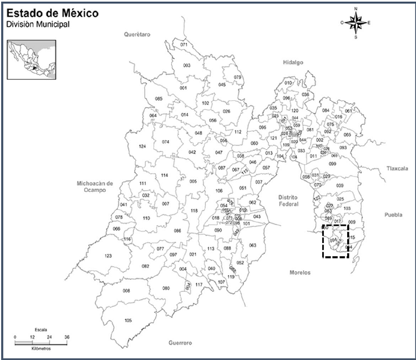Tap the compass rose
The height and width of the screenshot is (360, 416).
pos(356,23)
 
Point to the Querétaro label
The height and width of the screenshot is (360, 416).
pos(138,34)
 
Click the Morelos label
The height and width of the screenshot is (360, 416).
pos(300,272)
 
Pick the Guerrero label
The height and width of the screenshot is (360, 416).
pos(180,343)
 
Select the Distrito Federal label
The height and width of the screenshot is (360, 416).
pos(288,200)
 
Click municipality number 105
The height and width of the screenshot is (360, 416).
pos(129,321)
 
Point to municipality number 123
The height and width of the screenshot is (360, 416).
pos(108,256)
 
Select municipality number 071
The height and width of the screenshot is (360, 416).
pos(184,44)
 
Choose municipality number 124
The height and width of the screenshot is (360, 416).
pos(142,146)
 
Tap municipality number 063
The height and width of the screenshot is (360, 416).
pos(253,245)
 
